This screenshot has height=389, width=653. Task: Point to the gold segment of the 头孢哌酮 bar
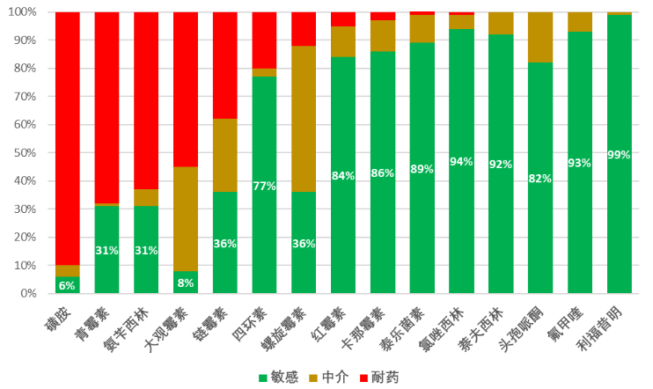pyautogui.click(x=540, y=37)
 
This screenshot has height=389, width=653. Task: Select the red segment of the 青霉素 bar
pyautogui.click(x=106, y=107)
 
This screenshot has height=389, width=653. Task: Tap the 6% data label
pyautogui.click(x=67, y=285)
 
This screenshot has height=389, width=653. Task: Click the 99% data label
pyautogui.click(x=619, y=155)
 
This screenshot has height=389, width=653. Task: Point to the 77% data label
pyautogui.click(x=264, y=186)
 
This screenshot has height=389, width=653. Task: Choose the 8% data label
pyautogui.click(x=186, y=283)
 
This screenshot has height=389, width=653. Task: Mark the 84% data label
pyautogui.click(x=343, y=175)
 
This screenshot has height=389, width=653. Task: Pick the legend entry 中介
pyautogui.click(x=329, y=377)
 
